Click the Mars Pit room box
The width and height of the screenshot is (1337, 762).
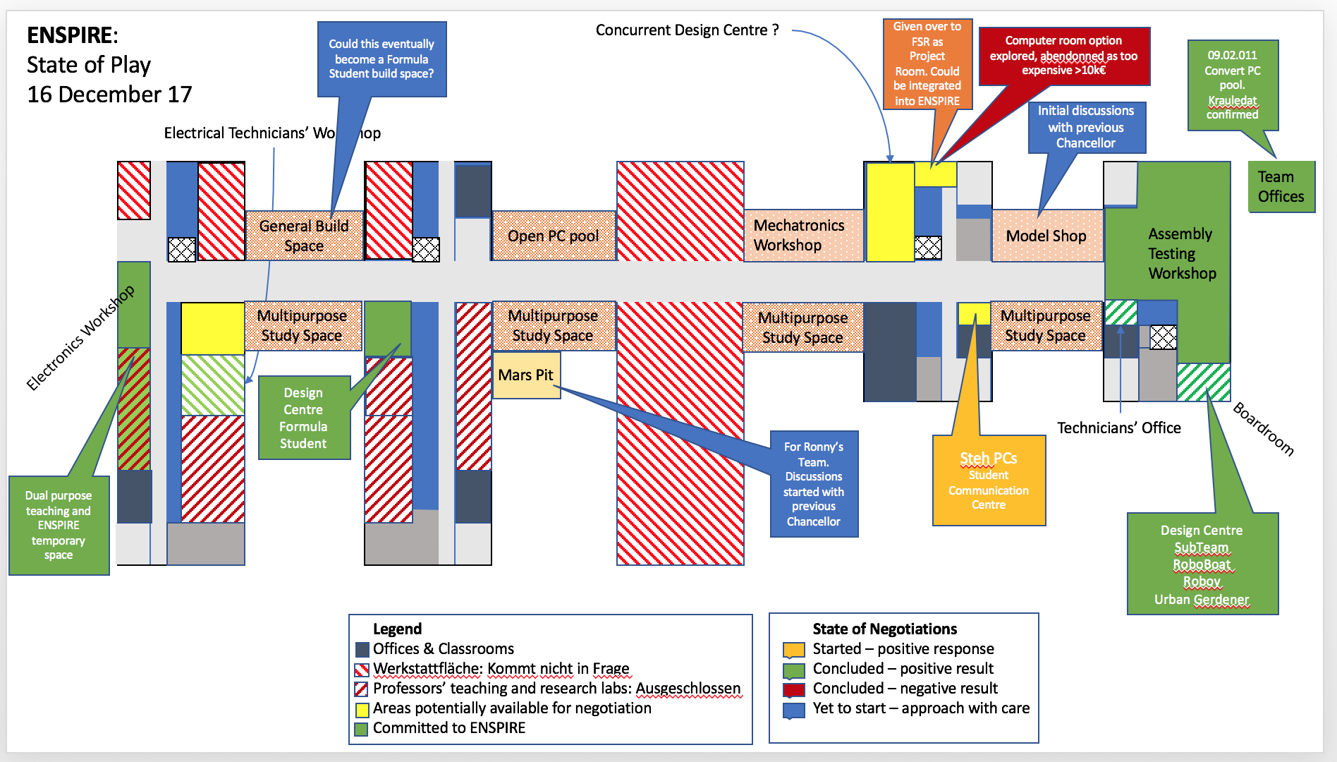pyautogui.click(x=526, y=375)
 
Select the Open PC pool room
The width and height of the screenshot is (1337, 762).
pyautogui.click(x=554, y=236)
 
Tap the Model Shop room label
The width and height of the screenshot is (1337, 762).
pyautogui.click(x=1046, y=236)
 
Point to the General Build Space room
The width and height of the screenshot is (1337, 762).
pyautogui.click(x=304, y=236)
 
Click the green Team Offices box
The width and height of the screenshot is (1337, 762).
pyautogui.click(x=1281, y=187)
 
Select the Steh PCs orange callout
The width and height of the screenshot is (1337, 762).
pyautogui.click(x=989, y=480)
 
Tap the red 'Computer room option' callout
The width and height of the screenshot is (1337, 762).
pyautogui.click(x=1063, y=56)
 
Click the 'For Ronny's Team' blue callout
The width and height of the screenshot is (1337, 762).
pyautogui.click(x=814, y=484)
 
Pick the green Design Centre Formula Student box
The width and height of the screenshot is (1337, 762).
pyautogui.click(x=304, y=418)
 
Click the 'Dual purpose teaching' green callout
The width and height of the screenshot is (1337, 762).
pyautogui.click(x=59, y=525)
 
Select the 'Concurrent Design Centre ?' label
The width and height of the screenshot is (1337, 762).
pyautogui.click(x=687, y=30)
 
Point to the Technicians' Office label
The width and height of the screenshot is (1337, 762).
pyautogui.click(x=1118, y=428)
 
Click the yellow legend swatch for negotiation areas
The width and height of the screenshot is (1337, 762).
pyautogui.click(x=362, y=709)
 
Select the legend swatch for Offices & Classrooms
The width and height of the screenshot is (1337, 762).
pyautogui.click(x=362, y=649)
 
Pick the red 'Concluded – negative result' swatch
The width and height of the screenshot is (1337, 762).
pyautogui.click(x=793, y=689)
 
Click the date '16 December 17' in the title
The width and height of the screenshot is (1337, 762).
pyautogui.click(x=109, y=95)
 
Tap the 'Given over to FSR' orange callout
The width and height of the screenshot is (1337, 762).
pyautogui.click(x=927, y=64)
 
